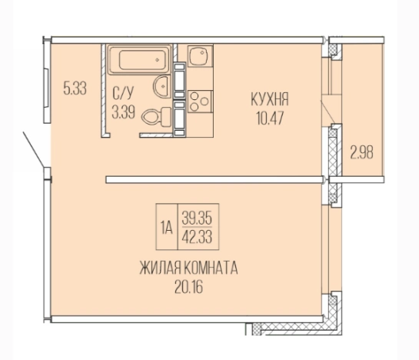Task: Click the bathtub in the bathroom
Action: click(138, 59)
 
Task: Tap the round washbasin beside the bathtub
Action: click(161, 86)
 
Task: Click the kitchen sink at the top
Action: click(199, 57)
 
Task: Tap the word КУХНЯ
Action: click(269, 100)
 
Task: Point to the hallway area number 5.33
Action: click(75, 88)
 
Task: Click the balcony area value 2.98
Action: click(361, 152)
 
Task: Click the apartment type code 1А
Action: click(165, 226)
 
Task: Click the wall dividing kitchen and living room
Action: click(211, 180)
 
